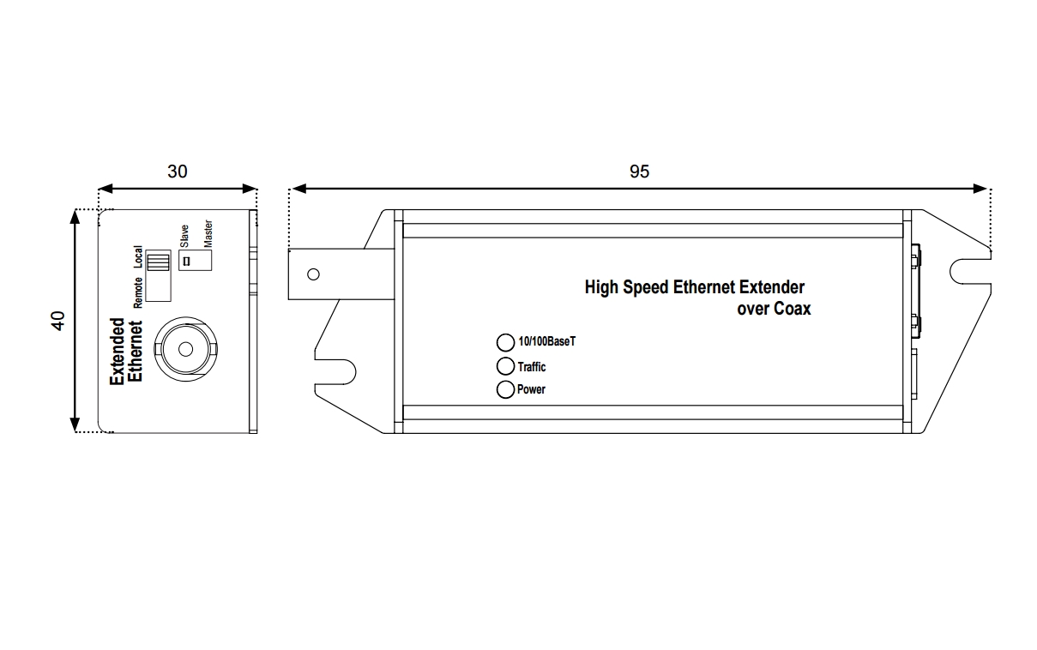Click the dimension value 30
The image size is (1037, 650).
[x=178, y=172]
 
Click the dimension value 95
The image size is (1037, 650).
[x=639, y=172]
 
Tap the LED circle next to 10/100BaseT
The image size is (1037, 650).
[x=506, y=342]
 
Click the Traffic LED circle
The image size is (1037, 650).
[x=506, y=367]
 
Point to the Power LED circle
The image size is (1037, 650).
[x=506, y=390]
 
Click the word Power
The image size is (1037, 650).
[x=531, y=390]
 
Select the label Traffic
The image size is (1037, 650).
[x=532, y=367]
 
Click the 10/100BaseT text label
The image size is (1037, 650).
[x=547, y=342]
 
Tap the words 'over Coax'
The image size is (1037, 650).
[x=774, y=309]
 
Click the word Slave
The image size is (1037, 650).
[x=184, y=236]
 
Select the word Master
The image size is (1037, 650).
[x=208, y=233]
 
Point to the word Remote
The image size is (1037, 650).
[x=138, y=292]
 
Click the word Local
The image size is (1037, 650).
[x=138, y=256]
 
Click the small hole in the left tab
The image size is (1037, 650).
[x=313, y=274]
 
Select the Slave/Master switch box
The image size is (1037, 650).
[x=195, y=260]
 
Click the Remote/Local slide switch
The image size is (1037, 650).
[x=159, y=275]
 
